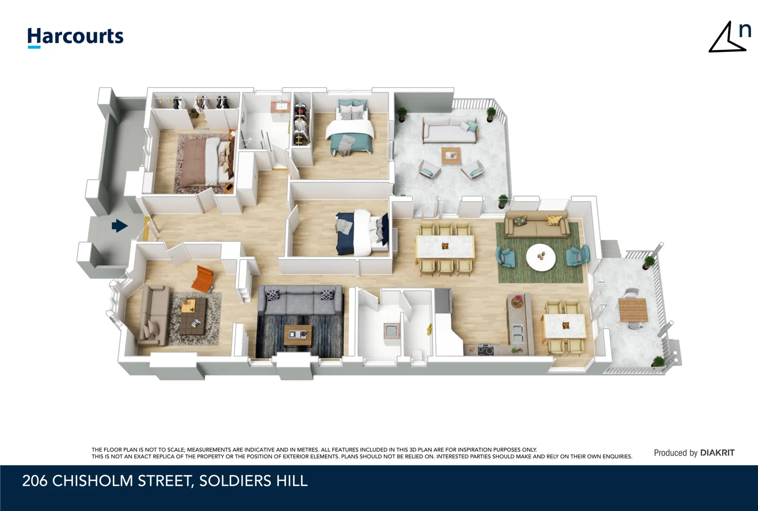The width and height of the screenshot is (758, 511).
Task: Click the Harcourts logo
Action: [x=75, y=37]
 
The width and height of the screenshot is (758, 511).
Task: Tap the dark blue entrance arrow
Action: [x=119, y=226]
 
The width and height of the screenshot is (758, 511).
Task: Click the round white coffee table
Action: [x=541, y=257]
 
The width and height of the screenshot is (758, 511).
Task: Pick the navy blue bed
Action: [x=361, y=232]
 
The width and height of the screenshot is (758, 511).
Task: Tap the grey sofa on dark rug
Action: [x=300, y=300]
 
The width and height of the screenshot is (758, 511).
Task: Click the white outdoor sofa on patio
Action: [x=450, y=130]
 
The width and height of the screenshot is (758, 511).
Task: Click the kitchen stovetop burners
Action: [x=486, y=351]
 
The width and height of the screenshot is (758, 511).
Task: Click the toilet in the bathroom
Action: [x=417, y=356]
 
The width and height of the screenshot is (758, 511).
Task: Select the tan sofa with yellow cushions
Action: [x=536, y=225]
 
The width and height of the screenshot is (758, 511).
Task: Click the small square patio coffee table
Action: [x=451, y=156]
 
